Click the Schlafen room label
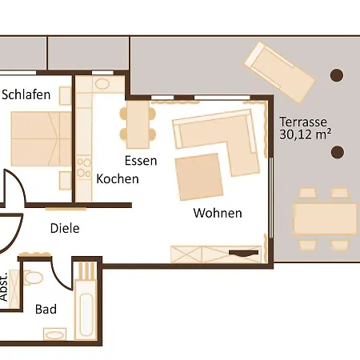(x=26, y=94)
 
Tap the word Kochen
(x=118, y=178)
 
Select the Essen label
(x=140, y=160)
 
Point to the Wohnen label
(x=218, y=214)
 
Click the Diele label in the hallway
(x=65, y=228)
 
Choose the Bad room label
(x=46, y=309)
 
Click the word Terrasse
(x=302, y=122)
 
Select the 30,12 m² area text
(x=304, y=135)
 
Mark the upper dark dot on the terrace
(x=337, y=76)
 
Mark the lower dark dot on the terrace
(x=337, y=151)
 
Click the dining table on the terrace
(x=324, y=217)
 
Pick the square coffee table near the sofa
(x=198, y=177)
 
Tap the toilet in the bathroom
(x=34, y=279)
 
